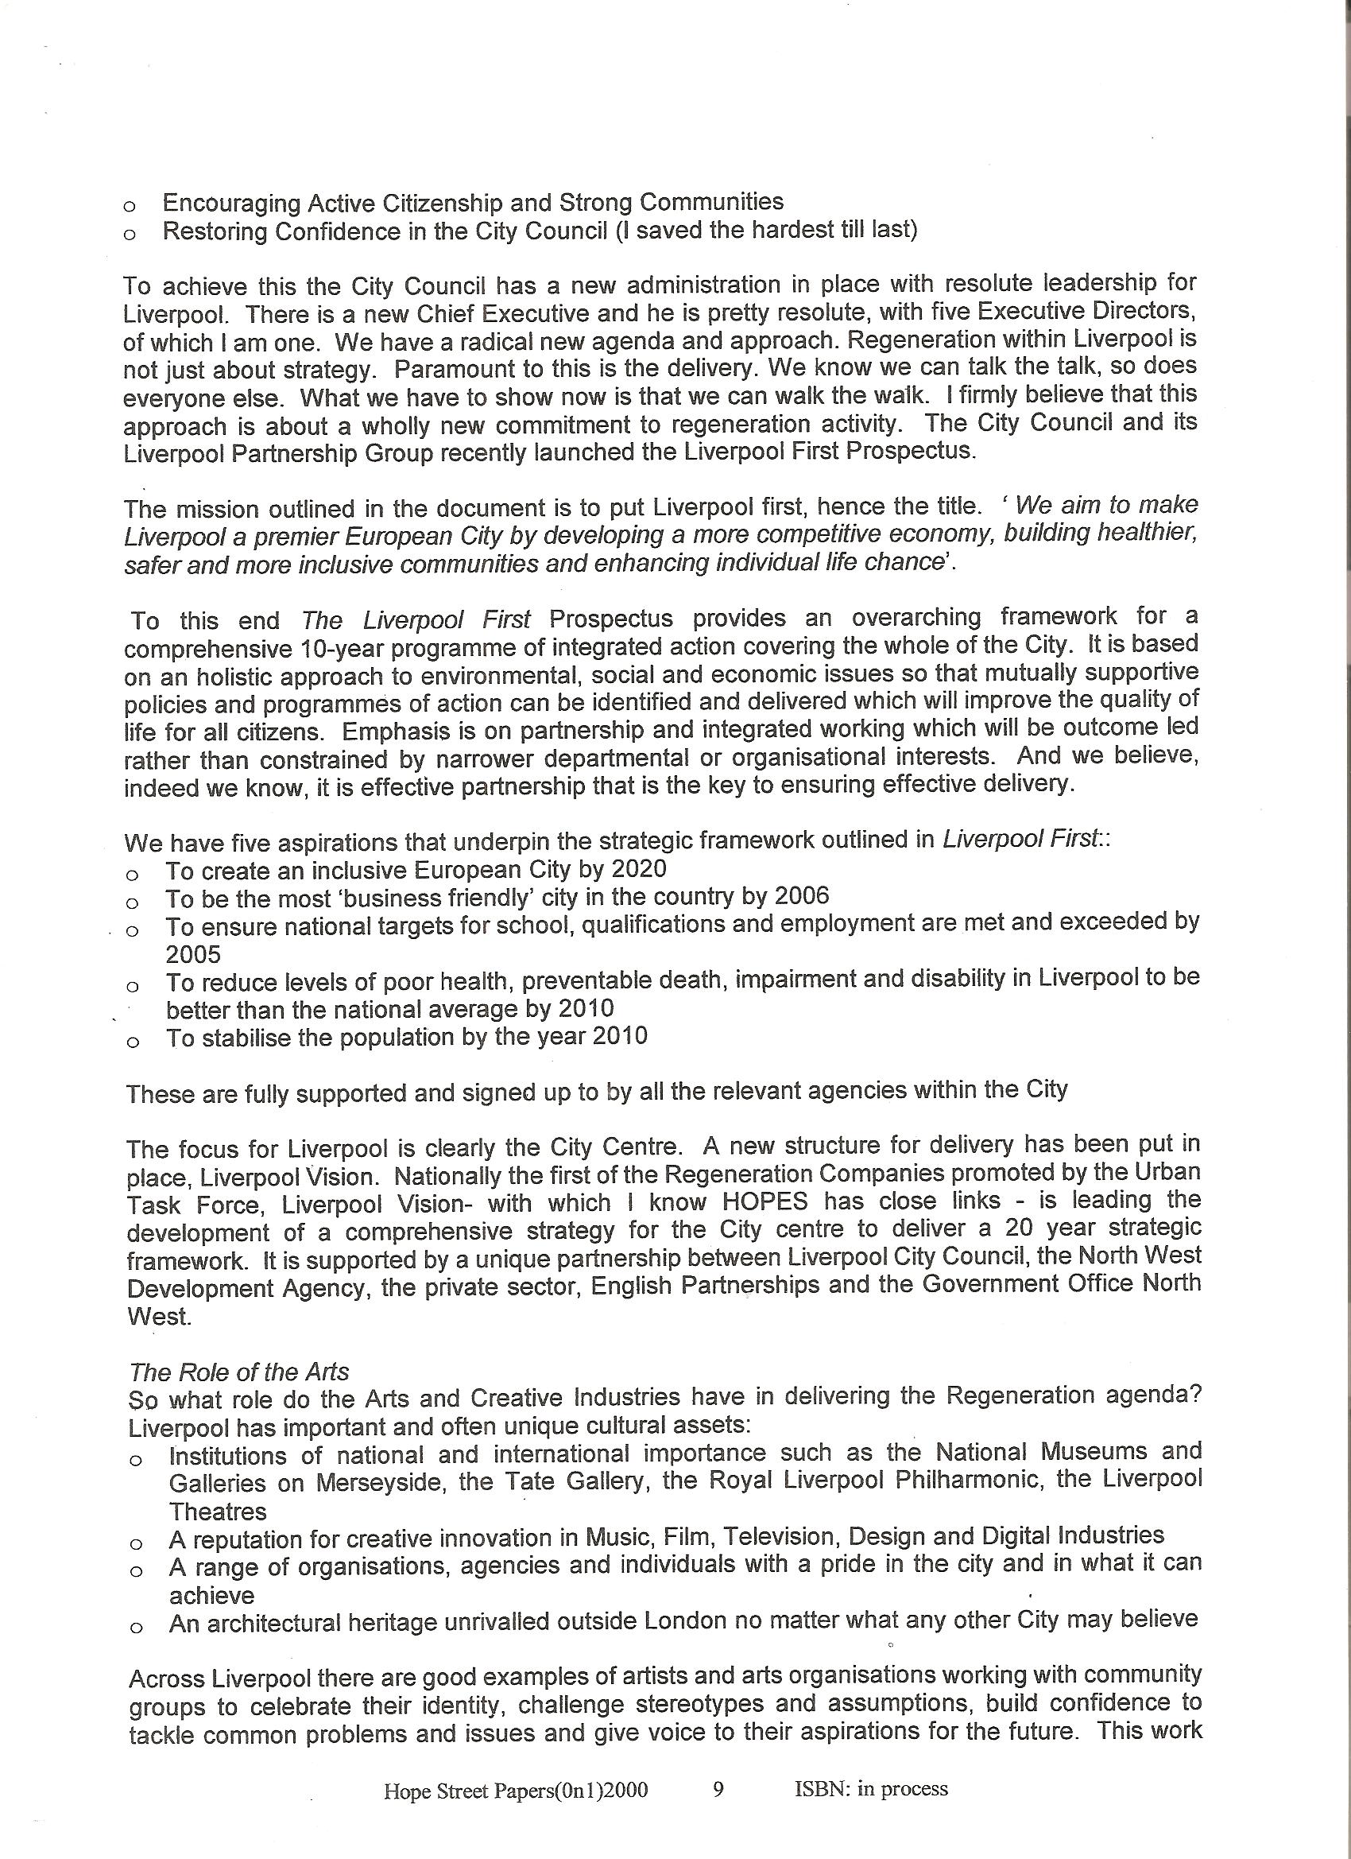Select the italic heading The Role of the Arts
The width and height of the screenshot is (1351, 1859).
tap(238, 1372)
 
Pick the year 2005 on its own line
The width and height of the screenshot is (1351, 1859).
tap(193, 954)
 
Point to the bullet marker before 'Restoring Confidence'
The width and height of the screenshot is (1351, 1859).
tap(129, 235)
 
